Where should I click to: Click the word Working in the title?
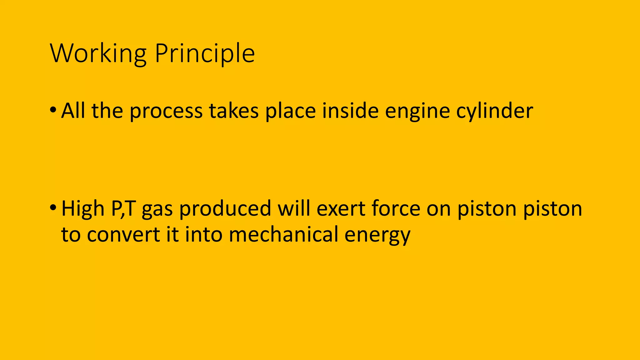(x=98, y=54)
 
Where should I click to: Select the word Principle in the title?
(x=205, y=54)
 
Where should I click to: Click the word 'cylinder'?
(x=494, y=112)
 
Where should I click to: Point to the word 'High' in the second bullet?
(x=83, y=209)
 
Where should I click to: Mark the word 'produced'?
(x=225, y=209)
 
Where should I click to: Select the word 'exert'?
(x=341, y=209)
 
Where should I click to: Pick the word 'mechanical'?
(x=283, y=234)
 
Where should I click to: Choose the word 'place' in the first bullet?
(x=290, y=112)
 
